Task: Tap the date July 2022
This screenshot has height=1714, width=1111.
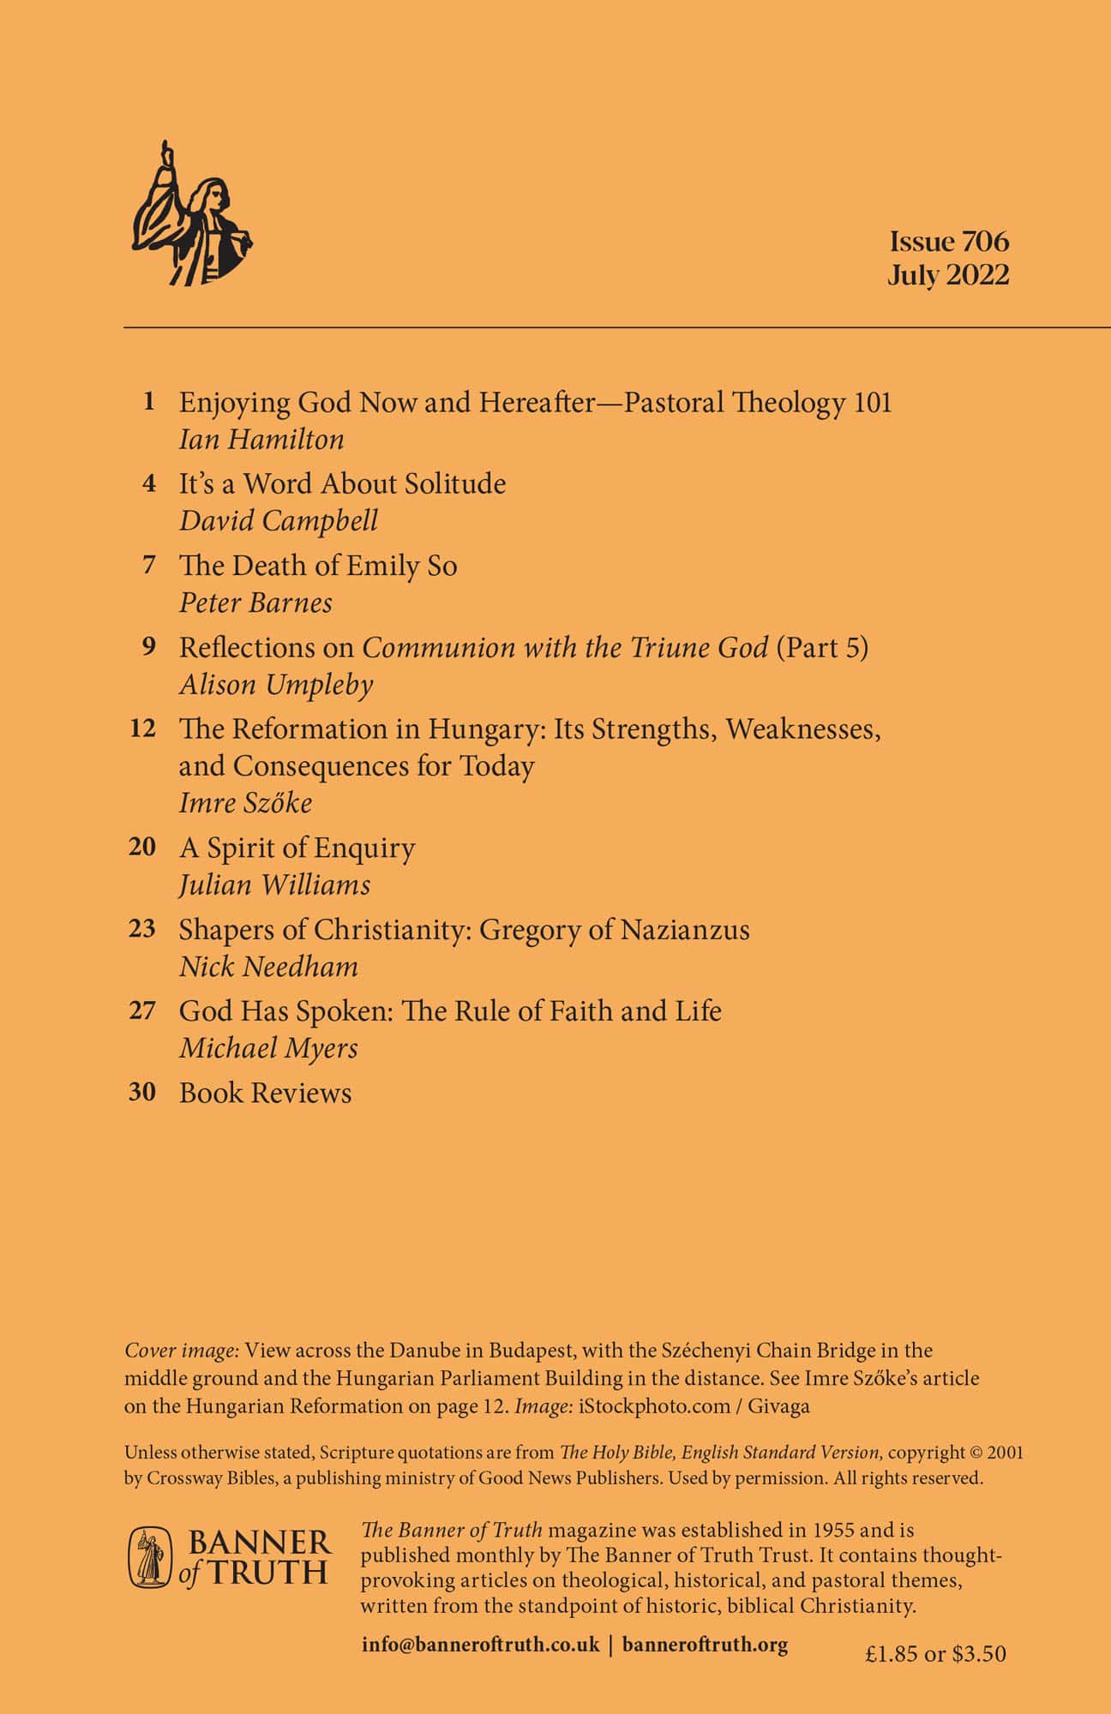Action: click(x=948, y=275)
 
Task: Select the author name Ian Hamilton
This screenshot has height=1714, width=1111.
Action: click(x=261, y=440)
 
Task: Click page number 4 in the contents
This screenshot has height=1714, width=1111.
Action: click(x=149, y=484)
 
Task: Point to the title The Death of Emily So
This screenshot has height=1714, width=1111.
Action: click(x=318, y=566)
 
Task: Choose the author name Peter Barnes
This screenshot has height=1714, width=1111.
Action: click(x=255, y=602)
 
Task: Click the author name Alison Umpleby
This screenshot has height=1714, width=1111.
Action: click(x=276, y=684)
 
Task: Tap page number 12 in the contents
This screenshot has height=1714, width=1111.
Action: click(x=143, y=729)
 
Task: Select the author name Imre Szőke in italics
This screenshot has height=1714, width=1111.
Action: click(x=245, y=802)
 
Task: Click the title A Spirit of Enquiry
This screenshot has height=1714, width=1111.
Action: click(x=297, y=848)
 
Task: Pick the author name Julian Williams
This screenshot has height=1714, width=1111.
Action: click(x=274, y=884)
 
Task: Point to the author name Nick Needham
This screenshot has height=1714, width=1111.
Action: click(x=268, y=967)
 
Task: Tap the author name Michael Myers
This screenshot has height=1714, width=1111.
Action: click(x=268, y=1048)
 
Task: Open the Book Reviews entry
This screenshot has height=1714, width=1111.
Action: click(x=265, y=1093)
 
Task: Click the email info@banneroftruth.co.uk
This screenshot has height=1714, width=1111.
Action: click(x=480, y=1646)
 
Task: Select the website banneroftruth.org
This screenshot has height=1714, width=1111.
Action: click(x=705, y=1646)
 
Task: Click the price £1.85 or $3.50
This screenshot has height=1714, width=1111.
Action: click(x=935, y=1653)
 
